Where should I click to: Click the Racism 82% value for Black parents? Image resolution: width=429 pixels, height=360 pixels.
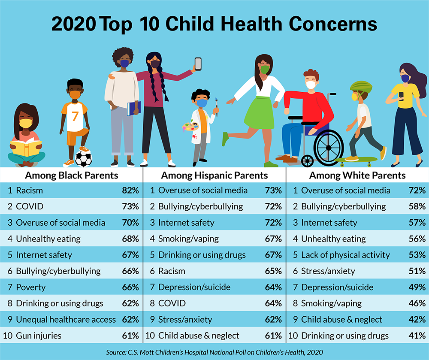[130, 190]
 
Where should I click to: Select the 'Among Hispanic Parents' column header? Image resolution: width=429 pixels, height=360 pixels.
[214, 175]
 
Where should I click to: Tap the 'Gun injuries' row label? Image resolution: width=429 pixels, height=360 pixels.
[39, 336]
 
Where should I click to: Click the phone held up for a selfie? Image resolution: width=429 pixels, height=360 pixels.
[198, 64]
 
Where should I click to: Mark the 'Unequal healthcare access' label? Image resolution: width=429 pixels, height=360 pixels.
[66, 319]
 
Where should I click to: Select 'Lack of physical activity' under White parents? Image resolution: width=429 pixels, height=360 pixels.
[345, 255]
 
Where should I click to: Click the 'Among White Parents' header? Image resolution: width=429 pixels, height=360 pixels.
[357, 175]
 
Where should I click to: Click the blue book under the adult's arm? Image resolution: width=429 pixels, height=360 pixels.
[134, 108]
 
